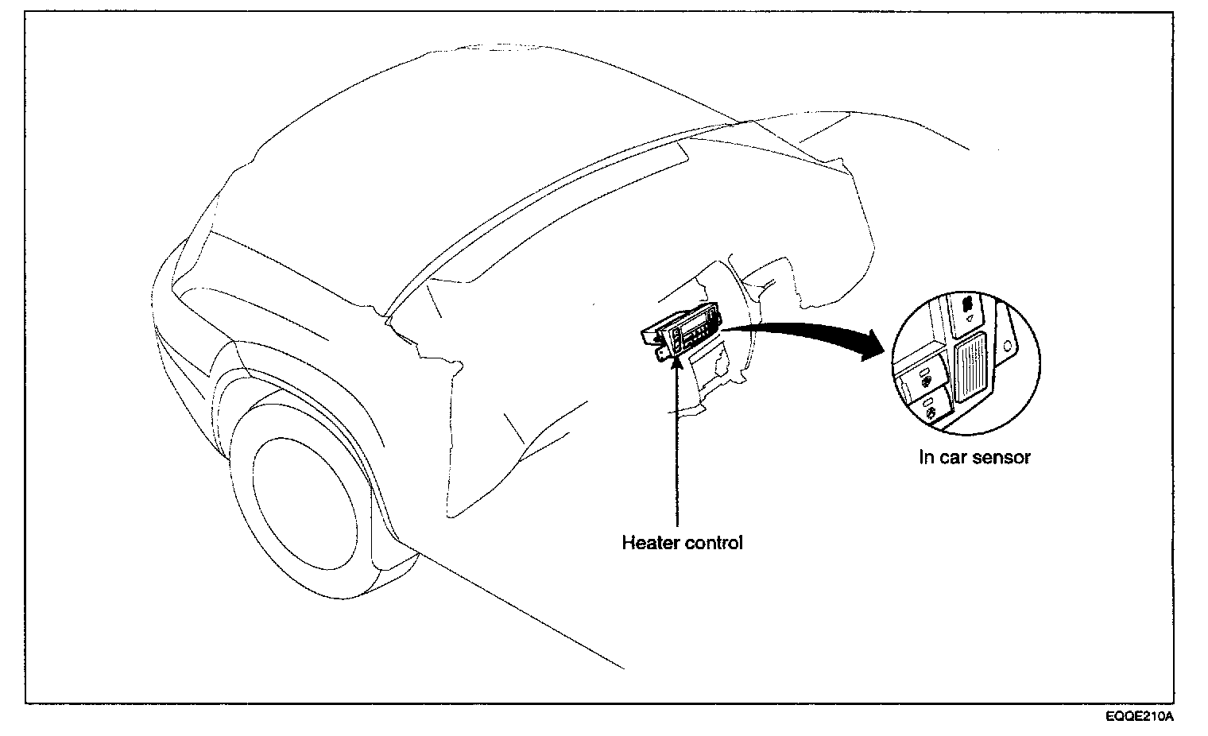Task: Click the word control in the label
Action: pyautogui.click(x=713, y=544)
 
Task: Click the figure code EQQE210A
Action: pyautogui.click(x=1139, y=716)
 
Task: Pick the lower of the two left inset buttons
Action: pyautogui.click(x=931, y=409)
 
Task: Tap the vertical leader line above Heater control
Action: pyautogui.click(x=676, y=445)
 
